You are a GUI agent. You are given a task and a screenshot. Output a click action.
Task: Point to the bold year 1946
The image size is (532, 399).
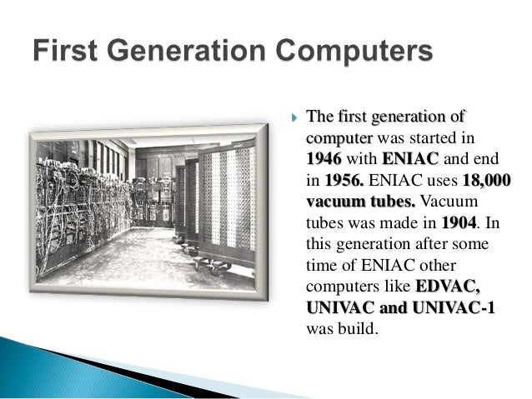pos(324,157)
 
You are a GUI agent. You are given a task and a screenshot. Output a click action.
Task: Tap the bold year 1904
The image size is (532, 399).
pos(459,222)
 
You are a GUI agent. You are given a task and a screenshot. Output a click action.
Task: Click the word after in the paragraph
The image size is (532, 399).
pos(439,244)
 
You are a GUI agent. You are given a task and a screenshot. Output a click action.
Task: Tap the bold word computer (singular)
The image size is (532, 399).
pos(339,136)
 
